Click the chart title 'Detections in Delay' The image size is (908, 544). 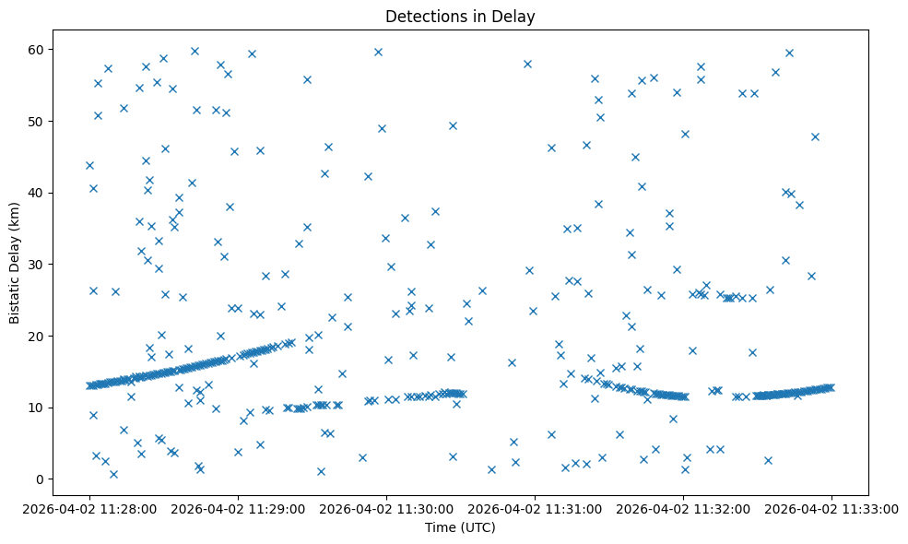pos(460,17)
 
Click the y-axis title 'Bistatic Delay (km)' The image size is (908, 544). pos(15,251)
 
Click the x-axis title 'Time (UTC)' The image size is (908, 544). pos(460,527)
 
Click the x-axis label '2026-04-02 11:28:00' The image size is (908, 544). pos(89,507)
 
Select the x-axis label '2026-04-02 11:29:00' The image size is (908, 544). pos(238,507)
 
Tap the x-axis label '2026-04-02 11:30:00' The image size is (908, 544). pos(386,507)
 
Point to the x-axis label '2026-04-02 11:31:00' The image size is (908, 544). pos(535,507)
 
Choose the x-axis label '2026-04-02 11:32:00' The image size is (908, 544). pos(683,507)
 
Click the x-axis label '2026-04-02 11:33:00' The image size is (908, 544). pos(831,507)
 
